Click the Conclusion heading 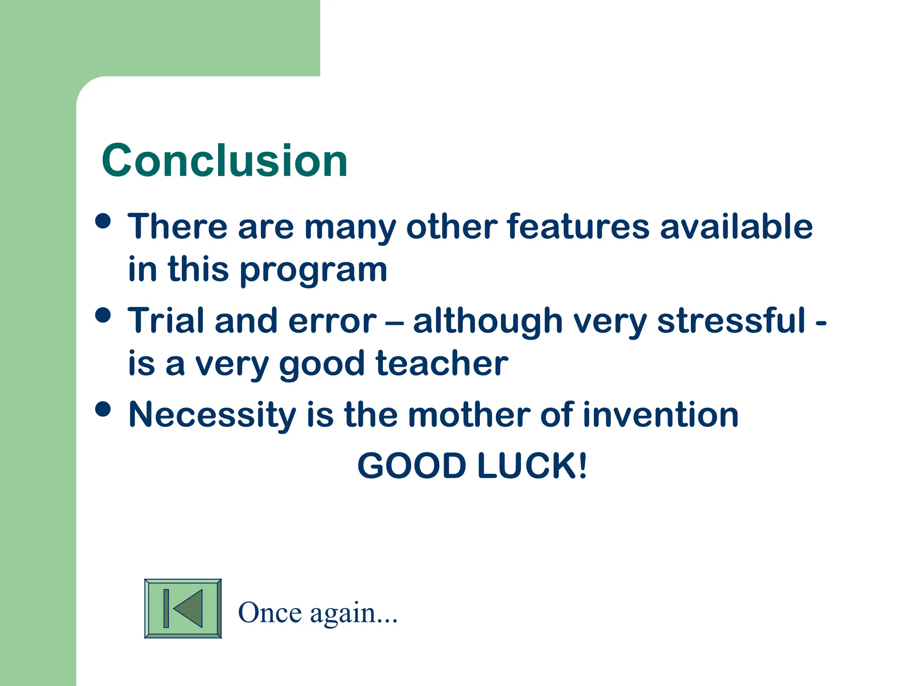(224, 161)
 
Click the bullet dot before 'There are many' (103, 221)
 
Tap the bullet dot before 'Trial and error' (103, 315)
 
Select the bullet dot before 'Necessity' (103, 409)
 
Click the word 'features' (578, 226)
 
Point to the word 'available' (736, 226)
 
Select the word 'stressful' (731, 321)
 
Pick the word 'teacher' (442, 364)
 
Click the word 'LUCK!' (532, 466)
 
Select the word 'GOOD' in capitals (412, 466)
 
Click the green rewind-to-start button (183, 608)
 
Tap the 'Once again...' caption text (318, 613)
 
